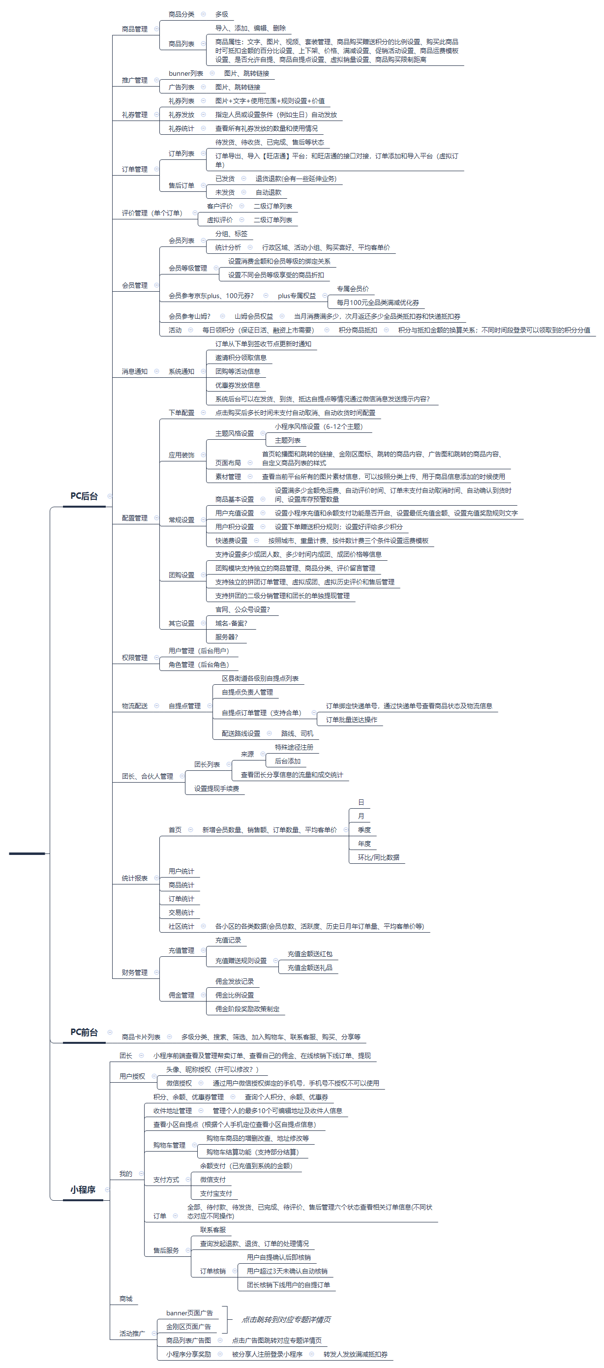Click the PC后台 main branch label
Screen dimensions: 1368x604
84,496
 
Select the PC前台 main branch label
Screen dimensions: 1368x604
84,1032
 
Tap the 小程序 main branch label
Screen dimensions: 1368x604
83,1189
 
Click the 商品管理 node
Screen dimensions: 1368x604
134,29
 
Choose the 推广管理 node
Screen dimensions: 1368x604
134,80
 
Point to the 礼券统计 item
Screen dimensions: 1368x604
181,128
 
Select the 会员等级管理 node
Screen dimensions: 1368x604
187,268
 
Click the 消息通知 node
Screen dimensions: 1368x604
134,371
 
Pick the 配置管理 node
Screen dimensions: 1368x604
134,518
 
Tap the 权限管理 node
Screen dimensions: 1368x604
134,658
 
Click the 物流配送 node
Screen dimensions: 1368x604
134,706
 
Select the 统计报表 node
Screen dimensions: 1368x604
134,879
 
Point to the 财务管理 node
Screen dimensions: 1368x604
134,973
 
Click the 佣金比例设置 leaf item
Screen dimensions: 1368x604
234,995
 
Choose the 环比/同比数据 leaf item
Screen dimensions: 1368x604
378,857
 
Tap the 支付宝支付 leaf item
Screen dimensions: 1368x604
215,1193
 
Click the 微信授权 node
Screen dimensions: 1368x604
179,1083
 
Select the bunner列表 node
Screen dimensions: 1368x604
185,73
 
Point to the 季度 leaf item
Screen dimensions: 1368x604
364,829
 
